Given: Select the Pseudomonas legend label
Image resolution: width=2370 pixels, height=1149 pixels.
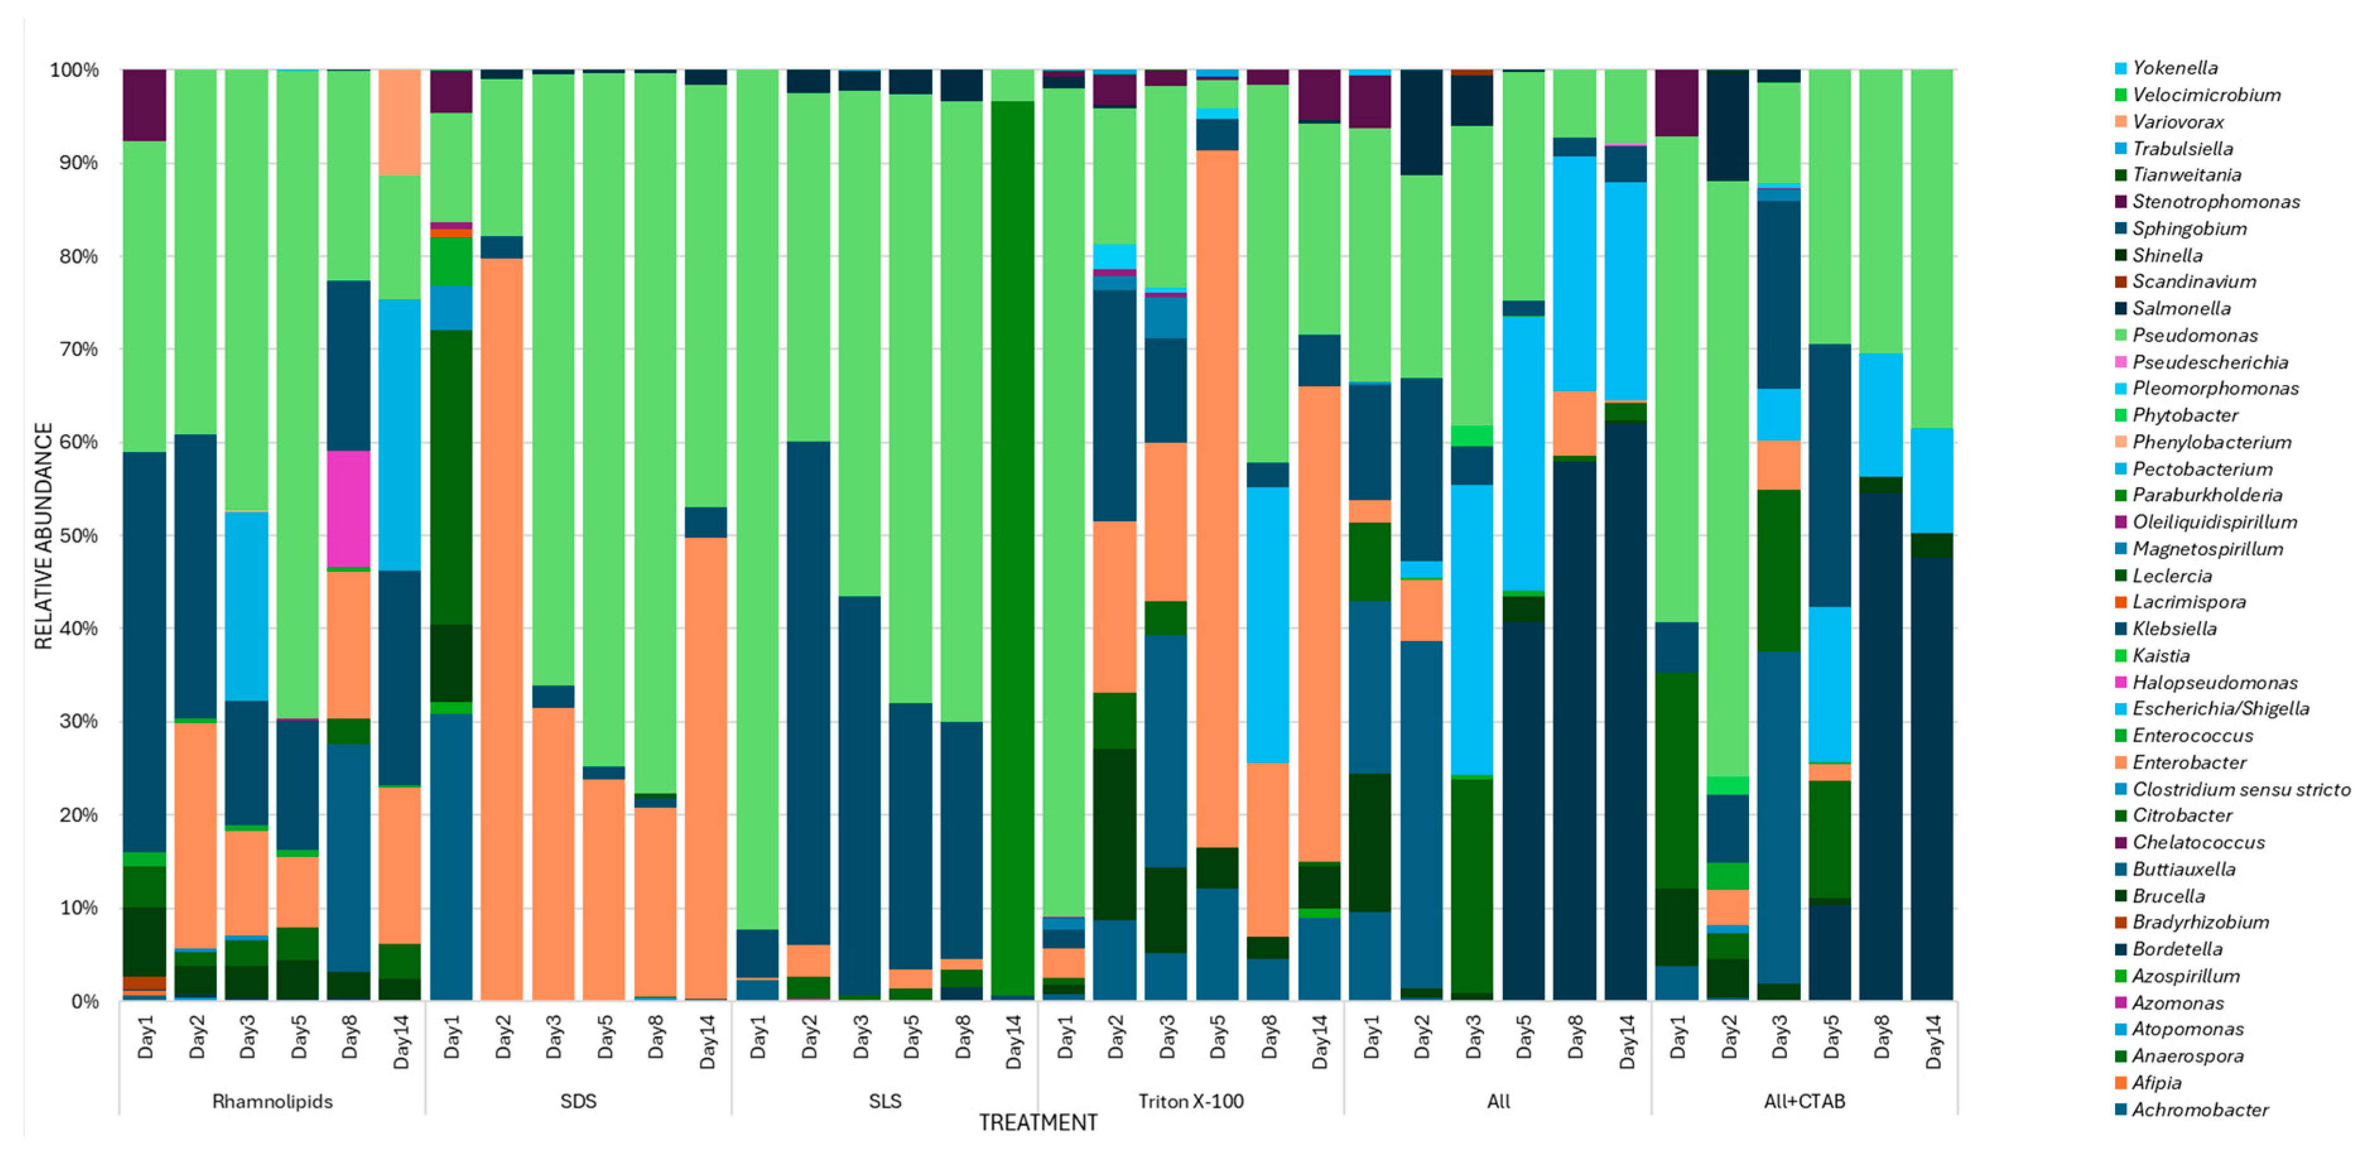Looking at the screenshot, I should pyautogui.click(x=2195, y=336).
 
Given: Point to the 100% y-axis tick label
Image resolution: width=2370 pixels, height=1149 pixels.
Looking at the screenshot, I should pyautogui.click(x=74, y=71).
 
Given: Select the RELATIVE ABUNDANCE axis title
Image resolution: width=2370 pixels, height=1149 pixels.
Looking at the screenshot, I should pyautogui.click(x=44, y=536).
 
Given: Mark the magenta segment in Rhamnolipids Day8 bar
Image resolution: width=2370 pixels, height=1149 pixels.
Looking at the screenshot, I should pyautogui.click(x=350, y=509).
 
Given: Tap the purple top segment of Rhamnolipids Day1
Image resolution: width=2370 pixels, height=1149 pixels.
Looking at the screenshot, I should pyautogui.click(x=144, y=105).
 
